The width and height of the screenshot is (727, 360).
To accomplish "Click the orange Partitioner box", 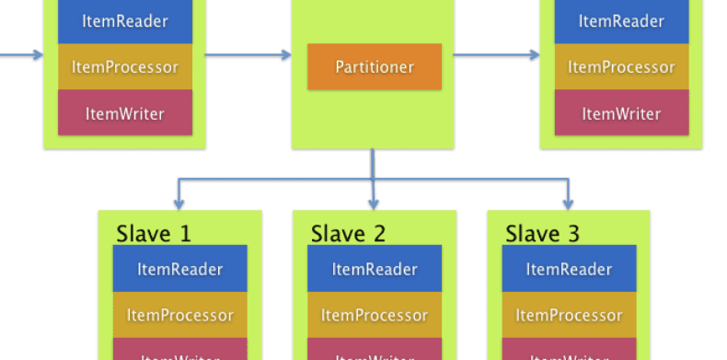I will click(375, 66).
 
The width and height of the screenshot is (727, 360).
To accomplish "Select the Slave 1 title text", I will click(154, 233).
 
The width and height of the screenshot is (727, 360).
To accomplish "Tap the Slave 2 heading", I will click(348, 233).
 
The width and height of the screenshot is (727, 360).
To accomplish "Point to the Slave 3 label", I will click(542, 233).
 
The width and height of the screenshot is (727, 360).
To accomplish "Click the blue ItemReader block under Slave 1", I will click(180, 269).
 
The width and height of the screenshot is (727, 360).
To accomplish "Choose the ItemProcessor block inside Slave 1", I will click(180, 315).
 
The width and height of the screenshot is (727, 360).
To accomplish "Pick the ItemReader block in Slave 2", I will click(375, 269).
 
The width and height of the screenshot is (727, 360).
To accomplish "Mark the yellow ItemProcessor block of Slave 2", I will click(375, 315).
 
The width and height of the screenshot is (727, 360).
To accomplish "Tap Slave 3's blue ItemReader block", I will click(569, 269).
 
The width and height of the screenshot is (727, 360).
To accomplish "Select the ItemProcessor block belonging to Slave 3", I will click(569, 315).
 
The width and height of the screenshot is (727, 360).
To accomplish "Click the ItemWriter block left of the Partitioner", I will click(125, 113).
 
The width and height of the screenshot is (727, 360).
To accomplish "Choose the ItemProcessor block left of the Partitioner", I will click(125, 66).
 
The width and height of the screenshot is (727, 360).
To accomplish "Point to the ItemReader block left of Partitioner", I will click(125, 22).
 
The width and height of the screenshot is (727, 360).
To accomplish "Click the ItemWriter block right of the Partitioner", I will click(621, 113).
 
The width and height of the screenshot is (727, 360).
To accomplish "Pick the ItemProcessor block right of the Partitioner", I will click(621, 66).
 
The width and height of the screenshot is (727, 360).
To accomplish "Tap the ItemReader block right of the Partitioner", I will click(621, 22).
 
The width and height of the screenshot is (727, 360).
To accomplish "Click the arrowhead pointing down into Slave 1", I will click(179, 203).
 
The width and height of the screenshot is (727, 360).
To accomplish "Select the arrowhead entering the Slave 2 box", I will click(374, 203).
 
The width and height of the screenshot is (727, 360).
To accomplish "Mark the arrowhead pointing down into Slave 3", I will click(568, 203).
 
